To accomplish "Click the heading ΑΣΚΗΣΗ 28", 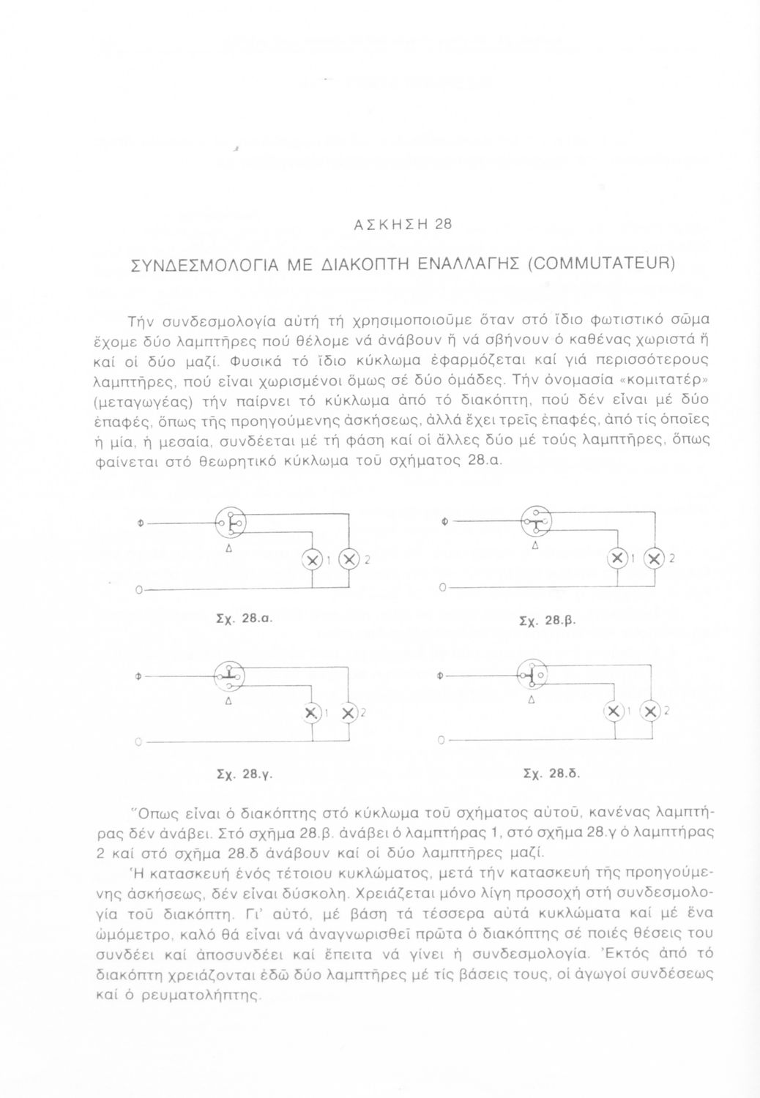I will (403, 225).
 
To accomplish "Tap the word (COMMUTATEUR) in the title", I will (600, 264).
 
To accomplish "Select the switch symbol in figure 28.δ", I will (534, 675).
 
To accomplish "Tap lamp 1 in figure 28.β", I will (618, 559).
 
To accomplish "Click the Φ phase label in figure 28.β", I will (446, 523).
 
